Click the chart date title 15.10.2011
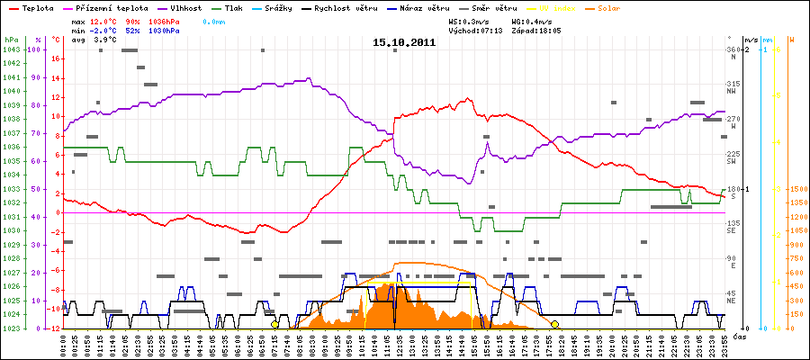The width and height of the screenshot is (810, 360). (404, 42)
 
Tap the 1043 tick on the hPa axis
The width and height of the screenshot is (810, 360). (12, 49)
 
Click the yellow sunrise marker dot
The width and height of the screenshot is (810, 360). (274, 324)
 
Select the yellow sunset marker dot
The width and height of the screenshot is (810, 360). (555, 324)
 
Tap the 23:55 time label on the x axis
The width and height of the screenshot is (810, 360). (721, 343)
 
